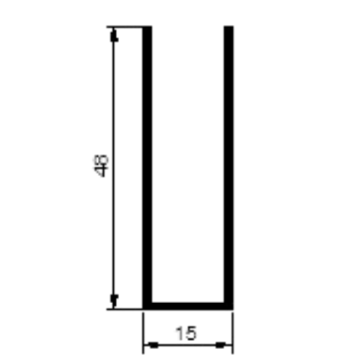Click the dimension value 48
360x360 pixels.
[x=100, y=166]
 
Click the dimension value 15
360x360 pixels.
[x=186, y=333]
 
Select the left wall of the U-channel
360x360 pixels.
[x=147, y=167]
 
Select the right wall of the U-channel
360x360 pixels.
[x=229, y=167]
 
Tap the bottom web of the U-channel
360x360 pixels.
[x=188, y=306]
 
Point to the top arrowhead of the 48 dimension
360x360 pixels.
[x=114, y=34]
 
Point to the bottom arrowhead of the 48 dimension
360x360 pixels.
[x=114, y=301]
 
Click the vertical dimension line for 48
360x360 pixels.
[x=114, y=168]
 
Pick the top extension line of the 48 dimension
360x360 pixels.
[x=125, y=27]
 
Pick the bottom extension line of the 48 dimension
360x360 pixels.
[x=125, y=309]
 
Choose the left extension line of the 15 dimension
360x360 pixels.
[x=143, y=332]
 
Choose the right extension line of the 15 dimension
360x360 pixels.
[x=233, y=332]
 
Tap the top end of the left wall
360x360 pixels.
[x=147, y=26]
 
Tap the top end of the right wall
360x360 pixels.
[x=229, y=26]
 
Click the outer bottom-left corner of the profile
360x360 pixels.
[x=143, y=310]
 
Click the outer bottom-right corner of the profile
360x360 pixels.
[x=234, y=310]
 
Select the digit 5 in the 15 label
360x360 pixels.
[x=191, y=333]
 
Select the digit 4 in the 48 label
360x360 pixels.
[x=100, y=172]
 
